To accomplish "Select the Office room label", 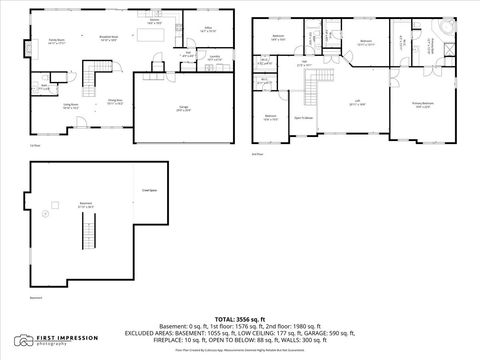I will [x=208, y=31].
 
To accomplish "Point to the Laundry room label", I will [x=186, y=59].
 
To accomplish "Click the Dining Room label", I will [x=115, y=103].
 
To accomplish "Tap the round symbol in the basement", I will [x=46, y=213].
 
